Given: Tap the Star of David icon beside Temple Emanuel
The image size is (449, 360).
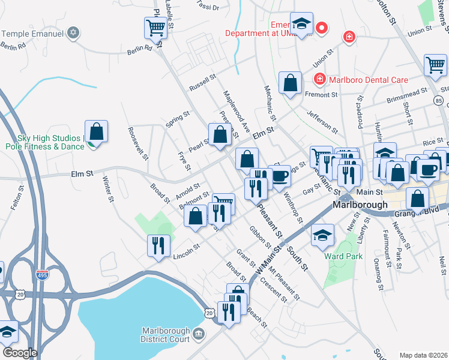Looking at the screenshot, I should tap(73, 32).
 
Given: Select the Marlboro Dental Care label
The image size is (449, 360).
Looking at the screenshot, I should tap(368, 80).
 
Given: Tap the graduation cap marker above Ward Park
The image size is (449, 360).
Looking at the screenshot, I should tap(322, 235).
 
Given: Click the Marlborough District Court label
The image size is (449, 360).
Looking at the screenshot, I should tap(165, 335).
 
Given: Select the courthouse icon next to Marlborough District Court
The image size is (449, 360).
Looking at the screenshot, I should tap(199, 334).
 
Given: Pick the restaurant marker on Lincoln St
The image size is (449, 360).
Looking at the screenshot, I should tap(159, 246).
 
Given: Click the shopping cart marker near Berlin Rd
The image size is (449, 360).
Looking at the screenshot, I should tap(155, 28).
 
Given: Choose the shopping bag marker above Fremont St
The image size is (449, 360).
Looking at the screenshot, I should tap(291, 83).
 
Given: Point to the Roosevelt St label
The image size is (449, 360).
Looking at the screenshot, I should tap(137, 144).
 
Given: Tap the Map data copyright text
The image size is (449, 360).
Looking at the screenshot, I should tap(424, 355).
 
